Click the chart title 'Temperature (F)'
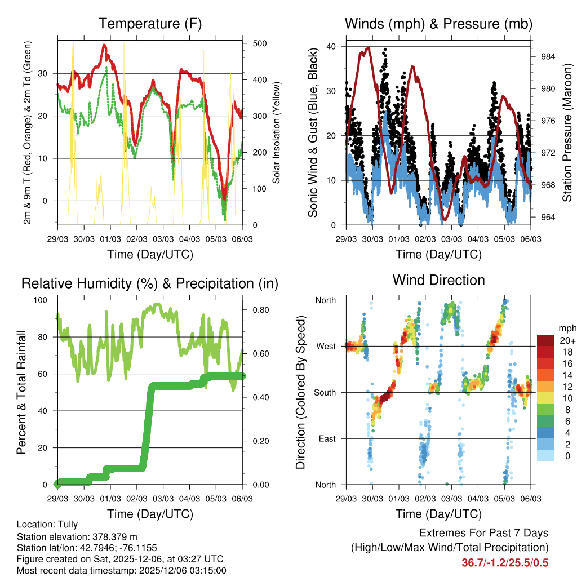tap(149, 24)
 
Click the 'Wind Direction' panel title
tap(438, 279)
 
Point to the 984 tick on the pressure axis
tap(548, 56)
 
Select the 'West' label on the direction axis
tap(326, 346)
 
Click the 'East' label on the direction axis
tap(327, 438)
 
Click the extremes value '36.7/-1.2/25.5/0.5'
tap(505, 562)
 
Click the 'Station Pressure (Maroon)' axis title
tap(567, 135)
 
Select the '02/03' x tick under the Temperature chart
tap(137, 239)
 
